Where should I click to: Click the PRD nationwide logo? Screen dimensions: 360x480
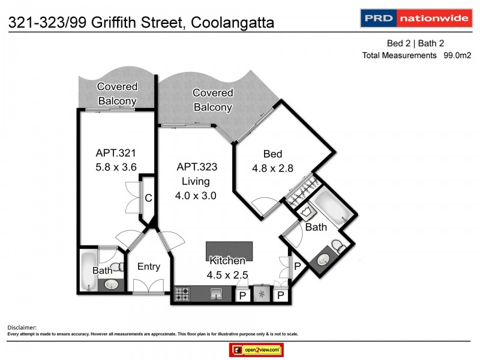coord(415,18)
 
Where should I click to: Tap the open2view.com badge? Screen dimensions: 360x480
coord(256,349)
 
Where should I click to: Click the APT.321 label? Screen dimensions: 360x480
coord(113,152)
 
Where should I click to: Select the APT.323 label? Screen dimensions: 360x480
coord(196,167)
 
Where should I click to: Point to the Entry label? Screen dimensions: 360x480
coord(148,266)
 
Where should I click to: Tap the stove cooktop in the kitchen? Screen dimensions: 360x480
coord(182,294)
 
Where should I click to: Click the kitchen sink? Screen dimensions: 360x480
coord(217,294)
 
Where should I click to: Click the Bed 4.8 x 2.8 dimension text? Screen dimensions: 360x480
coord(272,169)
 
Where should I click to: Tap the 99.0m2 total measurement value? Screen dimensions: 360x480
coord(457,55)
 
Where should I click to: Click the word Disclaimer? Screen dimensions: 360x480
coord(22,327)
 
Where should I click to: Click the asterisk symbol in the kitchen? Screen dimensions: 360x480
coord(262,295)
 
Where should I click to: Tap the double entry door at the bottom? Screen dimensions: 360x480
coord(148,290)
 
